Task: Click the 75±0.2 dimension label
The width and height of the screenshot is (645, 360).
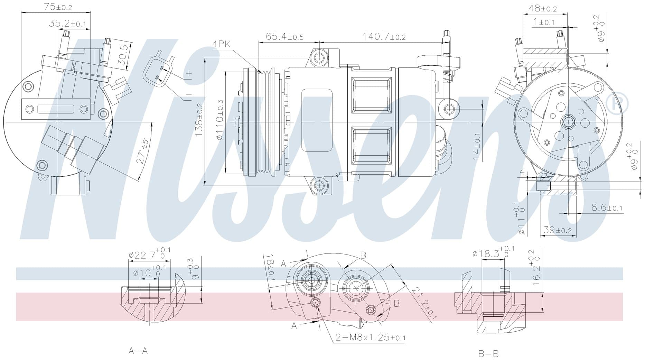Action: click(58, 7)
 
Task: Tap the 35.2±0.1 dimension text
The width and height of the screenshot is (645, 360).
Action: click(67, 23)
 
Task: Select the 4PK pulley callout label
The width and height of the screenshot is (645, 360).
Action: click(222, 44)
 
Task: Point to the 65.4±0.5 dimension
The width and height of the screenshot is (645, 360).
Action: click(284, 36)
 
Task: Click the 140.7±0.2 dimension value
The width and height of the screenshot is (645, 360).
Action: click(384, 36)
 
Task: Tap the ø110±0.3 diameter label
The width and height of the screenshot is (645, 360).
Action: click(219, 120)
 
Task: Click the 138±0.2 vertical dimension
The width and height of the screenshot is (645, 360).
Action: click(199, 120)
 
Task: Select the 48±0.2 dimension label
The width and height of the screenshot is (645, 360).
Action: click(543, 8)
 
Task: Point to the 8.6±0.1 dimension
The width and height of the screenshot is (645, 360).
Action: click(607, 207)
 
